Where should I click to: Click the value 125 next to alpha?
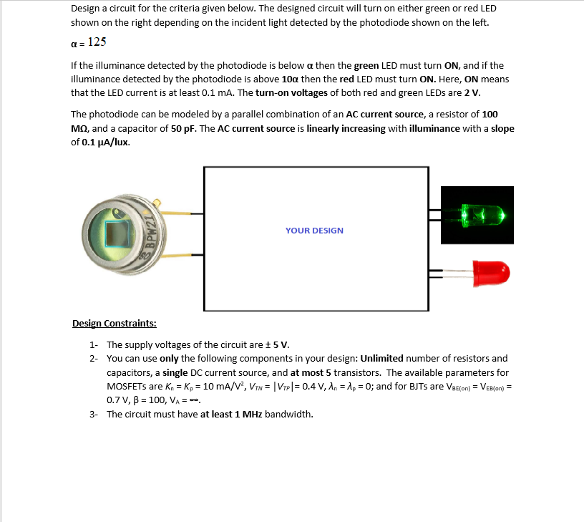coord(97,42)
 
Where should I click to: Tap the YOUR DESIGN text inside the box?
coord(314,231)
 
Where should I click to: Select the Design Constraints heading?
coord(114,323)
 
